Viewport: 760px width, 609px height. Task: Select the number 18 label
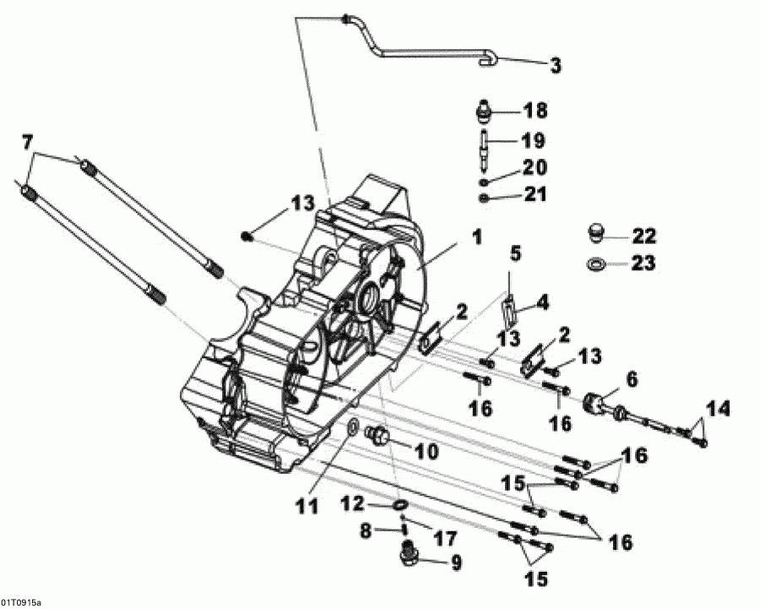(535, 111)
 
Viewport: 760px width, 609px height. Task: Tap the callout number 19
(533, 139)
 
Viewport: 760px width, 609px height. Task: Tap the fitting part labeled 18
(485, 111)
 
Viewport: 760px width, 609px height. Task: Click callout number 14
(717, 411)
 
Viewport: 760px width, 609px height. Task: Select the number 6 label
(632, 380)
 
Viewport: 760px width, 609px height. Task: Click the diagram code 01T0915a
(21, 601)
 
